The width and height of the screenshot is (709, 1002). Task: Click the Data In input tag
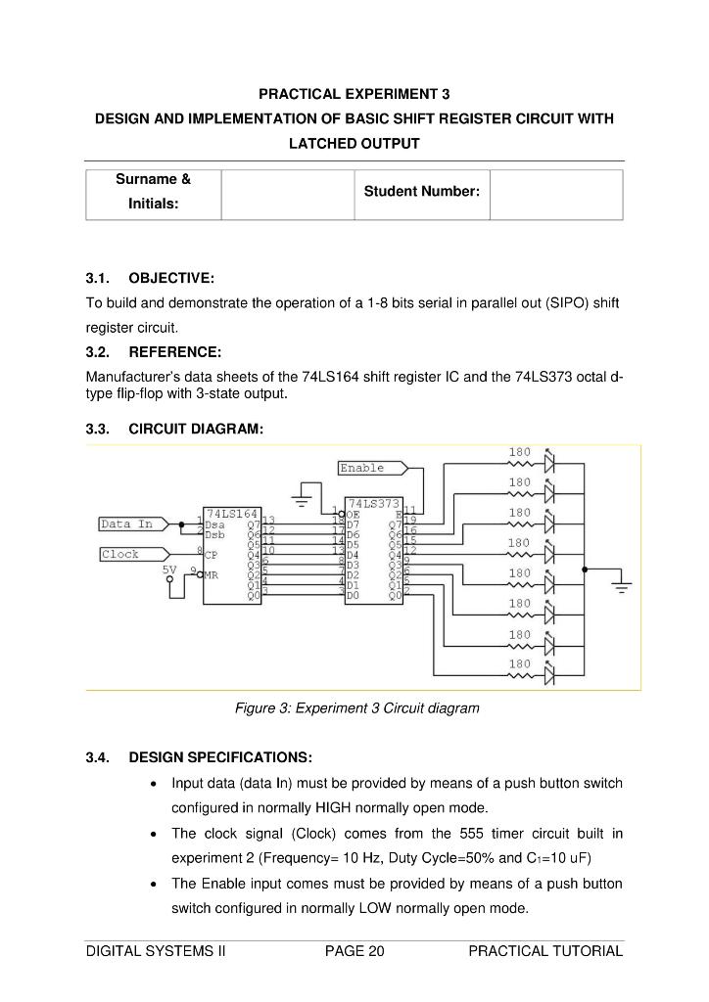(x=127, y=524)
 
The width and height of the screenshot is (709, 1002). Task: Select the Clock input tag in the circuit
(x=121, y=555)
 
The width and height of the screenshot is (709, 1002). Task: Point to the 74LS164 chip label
(x=232, y=513)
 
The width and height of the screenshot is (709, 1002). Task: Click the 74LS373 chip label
(x=373, y=502)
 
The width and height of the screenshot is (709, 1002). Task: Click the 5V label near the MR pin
(x=169, y=569)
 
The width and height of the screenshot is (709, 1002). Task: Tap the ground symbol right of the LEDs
(x=619, y=585)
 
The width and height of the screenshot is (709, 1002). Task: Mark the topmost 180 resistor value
(x=520, y=452)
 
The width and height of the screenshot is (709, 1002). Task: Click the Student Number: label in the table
(x=421, y=192)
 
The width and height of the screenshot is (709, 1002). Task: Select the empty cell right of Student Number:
(x=555, y=195)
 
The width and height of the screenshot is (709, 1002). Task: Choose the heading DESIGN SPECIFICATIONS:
(x=220, y=757)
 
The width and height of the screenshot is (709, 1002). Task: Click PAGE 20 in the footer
(x=354, y=951)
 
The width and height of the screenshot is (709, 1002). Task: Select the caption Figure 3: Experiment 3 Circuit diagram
(x=357, y=707)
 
